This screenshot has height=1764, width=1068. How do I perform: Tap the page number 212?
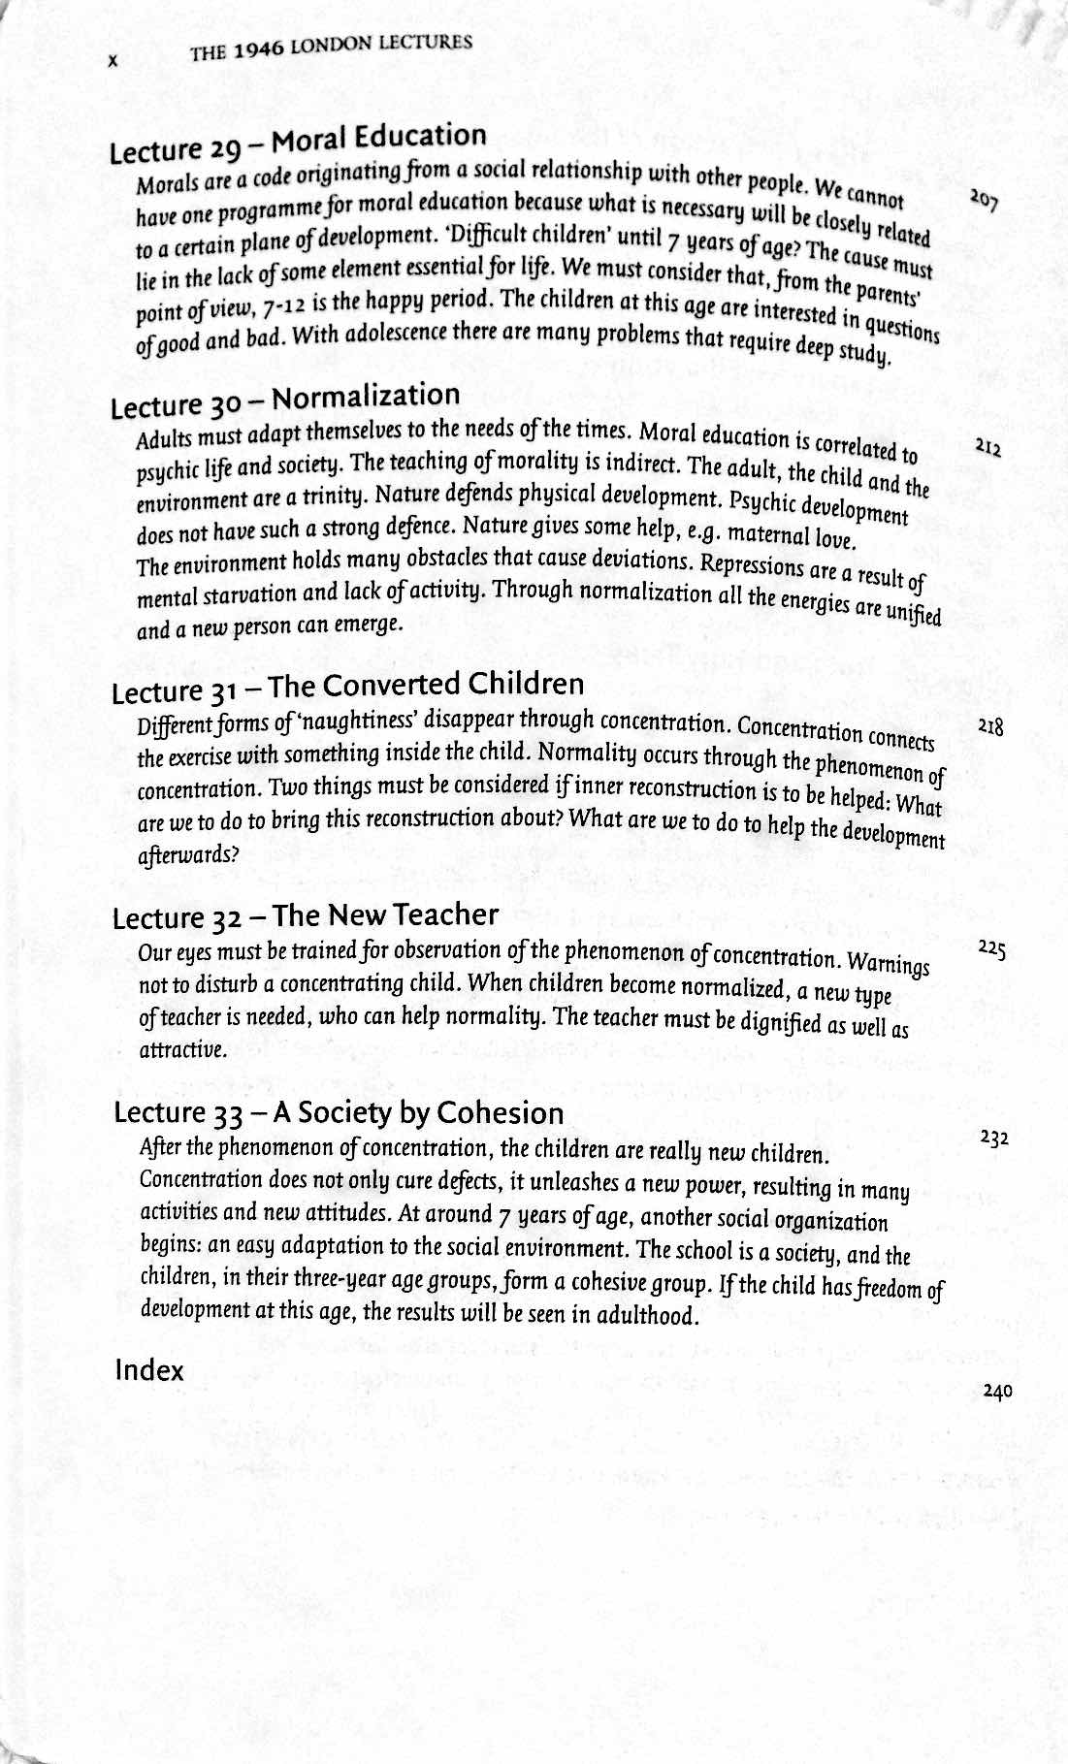point(988,448)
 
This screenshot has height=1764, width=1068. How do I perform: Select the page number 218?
point(990,726)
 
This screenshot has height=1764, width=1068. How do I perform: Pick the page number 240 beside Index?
point(996,1391)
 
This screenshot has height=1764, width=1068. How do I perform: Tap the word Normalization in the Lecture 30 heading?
point(366,398)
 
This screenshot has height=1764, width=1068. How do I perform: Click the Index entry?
point(149,1370)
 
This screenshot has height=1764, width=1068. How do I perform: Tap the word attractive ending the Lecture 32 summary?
point(171,1050)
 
